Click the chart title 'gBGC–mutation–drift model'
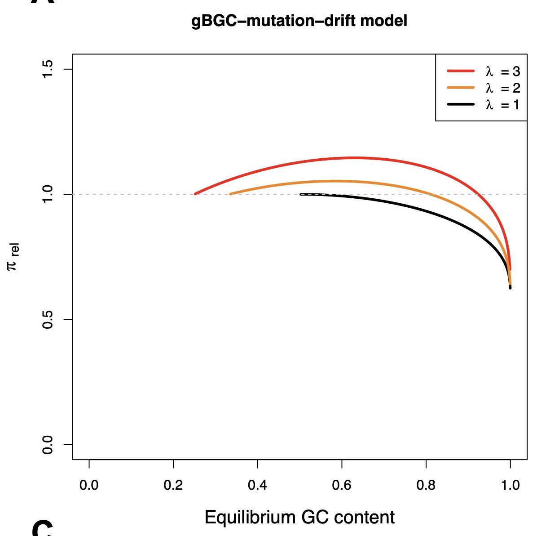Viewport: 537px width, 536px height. click(299, 21)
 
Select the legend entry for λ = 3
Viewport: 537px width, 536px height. click(483, 71)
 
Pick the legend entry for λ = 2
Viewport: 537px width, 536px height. click(483, 88)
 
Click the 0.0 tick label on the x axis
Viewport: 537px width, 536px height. click(89, 485)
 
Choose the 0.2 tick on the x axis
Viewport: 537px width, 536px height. click(173, 485)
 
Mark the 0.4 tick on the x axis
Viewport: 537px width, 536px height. click(257, 485)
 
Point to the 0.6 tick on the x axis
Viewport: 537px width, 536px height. click(342, 485)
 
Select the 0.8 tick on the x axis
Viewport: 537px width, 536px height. click(426, 485)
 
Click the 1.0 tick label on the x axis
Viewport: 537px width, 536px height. click(510, 485)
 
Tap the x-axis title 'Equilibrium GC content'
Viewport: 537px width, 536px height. click(299, 517)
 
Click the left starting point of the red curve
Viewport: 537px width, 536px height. click(195, 194)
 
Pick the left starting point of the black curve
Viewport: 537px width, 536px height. click(301, 194)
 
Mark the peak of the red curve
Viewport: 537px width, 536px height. click(355, 157)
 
